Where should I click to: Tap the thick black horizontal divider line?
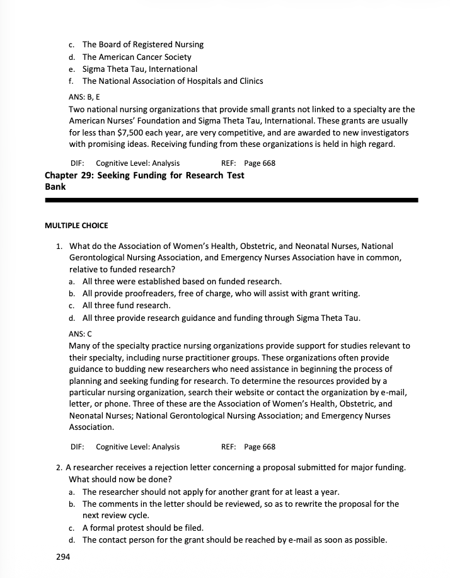[x=231, y=200]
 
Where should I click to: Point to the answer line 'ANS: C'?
[x=80, y=333]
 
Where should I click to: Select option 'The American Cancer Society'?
[x=136, y=57]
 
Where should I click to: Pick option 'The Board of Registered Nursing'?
[x=142, y=45]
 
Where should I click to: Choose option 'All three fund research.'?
[x=126, y=305]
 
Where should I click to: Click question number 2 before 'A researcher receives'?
[x=59, y=467]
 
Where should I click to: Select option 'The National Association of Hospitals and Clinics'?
[x=172, y=81]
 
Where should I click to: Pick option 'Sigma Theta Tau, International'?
[x=139, y=69]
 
